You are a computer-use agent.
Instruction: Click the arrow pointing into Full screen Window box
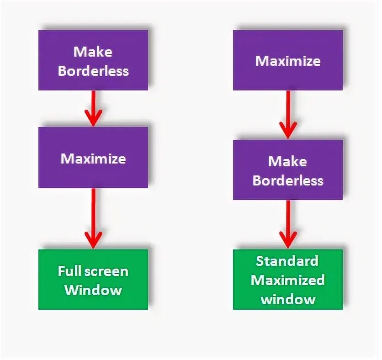(x=93, y=218)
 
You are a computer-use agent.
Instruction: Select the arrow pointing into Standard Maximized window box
(x=288, y=224)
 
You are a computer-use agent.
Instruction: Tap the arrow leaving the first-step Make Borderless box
(x=93, y=108)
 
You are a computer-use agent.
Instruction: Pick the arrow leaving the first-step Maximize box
(x=288, y=114)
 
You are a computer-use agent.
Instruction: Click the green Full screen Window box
(x=93, y=279)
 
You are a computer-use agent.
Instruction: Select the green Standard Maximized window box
(x=288, y=279)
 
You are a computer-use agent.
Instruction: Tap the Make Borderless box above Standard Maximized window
(x=288, y=170)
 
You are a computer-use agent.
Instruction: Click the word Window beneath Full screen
(x=93, y=290)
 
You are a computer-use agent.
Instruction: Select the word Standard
(x=287, y=261)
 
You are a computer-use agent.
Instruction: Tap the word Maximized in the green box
(x=288, y=280)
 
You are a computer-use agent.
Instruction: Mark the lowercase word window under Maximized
(x=288, y=299)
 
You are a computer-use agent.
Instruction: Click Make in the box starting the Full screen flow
(x=93, y=52)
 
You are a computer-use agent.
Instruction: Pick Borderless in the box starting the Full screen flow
(x=93, y=71)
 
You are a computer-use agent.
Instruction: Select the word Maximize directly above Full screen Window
(x=93, y=159)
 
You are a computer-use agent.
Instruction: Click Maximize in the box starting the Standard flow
(x=288, y=61)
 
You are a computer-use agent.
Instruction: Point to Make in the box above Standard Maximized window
(x=287, y=161)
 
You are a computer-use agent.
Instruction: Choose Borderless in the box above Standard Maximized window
(x=288, y=180)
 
